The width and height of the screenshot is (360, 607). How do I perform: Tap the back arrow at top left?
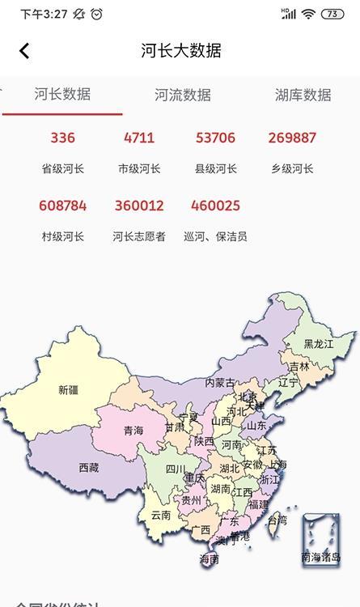tap(24, 50)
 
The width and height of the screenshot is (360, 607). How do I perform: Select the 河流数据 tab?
tap(183, 95)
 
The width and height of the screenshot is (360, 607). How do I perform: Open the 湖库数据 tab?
tap(303, 95)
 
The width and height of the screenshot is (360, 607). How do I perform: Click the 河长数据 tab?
tap(62, 94)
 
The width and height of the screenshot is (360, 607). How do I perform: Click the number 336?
tap(62, 138)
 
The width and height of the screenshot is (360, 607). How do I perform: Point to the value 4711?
tap(139, 138)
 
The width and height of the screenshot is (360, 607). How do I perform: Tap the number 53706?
tap(215, 138)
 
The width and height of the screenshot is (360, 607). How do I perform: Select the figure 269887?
tap(292, 138)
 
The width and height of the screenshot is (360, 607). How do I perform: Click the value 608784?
tap(62, 206)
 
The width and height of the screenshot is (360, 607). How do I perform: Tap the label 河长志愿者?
tap(139, 236)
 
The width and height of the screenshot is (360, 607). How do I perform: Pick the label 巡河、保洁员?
tap(215, 236)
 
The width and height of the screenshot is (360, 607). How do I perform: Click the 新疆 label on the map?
tap(69, 389)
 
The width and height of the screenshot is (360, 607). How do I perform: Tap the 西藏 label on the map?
tap(89, 467)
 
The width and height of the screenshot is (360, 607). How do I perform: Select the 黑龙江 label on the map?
tap(319, 344)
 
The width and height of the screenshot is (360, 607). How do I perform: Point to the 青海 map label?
tap(133, 431)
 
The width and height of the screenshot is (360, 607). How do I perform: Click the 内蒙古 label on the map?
tap(220, 382)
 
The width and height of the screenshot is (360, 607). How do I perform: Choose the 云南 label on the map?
tap(161, 514)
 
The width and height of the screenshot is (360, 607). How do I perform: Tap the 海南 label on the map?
tap(209, 558)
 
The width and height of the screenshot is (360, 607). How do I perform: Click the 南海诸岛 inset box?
tap(320, 539)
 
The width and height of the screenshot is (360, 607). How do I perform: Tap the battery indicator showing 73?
tap(332, 14)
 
